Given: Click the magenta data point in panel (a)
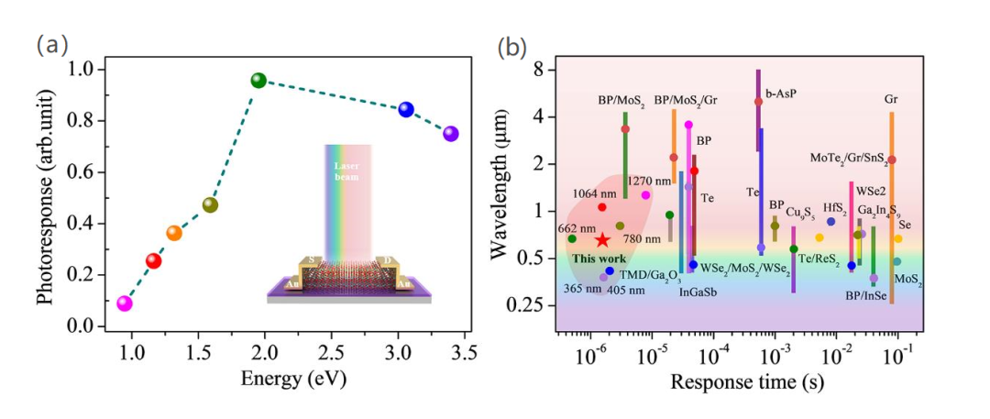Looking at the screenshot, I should [x=125, y=303].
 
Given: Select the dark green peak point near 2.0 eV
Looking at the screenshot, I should [x=258, y=81].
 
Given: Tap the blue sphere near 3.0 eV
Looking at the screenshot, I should [x=406, y=110].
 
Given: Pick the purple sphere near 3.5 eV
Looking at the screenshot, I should [x=450, y=134].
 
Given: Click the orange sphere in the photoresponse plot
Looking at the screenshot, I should [x=174, y=233].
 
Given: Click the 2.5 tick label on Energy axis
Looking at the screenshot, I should [x=331, y=349].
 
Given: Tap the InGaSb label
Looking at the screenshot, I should [x=698, y=292].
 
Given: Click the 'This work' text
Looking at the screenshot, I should [x=599, y=259].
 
